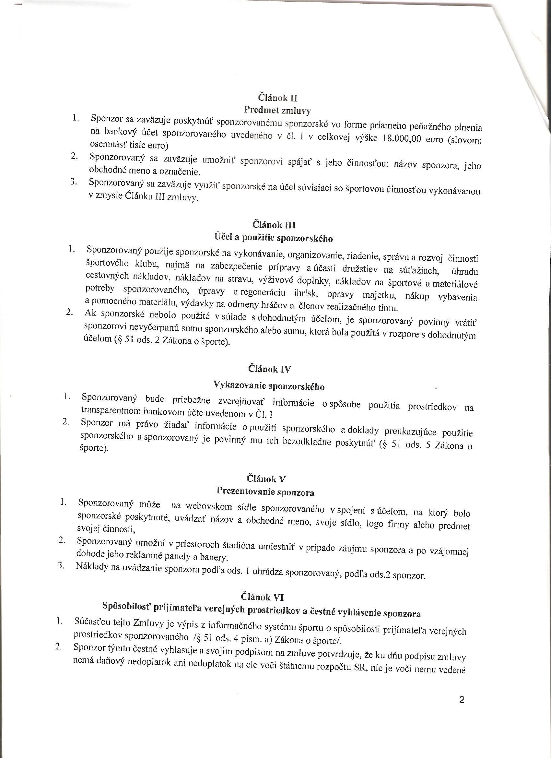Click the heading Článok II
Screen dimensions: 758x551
tap(278, 98)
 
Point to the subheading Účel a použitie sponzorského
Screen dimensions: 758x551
tap(273, 238)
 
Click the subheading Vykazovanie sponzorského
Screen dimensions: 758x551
tap(269, 385)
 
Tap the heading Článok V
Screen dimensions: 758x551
tap(266, 479)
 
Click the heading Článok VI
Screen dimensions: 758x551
tap(262, 597)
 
